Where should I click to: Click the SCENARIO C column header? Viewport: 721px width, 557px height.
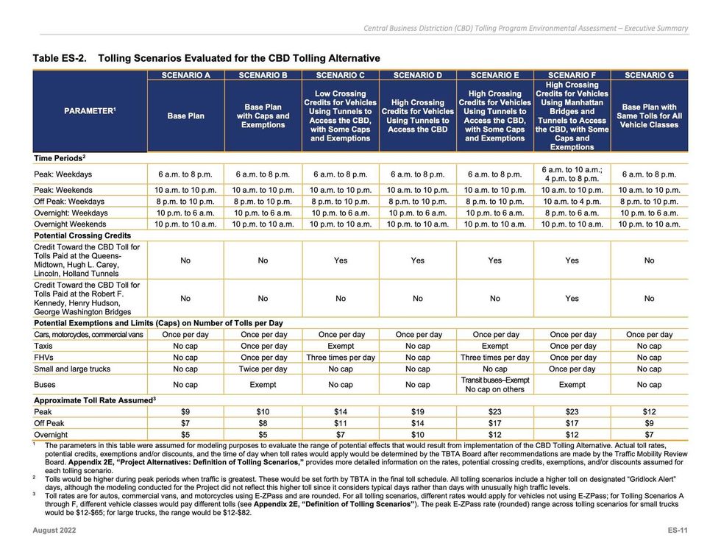[x=340, y=75]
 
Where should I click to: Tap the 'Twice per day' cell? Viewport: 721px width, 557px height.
[x=263, y=369]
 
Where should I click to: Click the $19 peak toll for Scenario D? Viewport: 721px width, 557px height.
[x=417, y=411]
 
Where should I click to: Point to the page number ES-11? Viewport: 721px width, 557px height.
[x=677, y=531]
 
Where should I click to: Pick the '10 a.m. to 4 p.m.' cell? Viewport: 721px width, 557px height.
[x=572, y=201]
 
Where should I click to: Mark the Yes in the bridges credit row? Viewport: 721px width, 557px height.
[x=572, y=299]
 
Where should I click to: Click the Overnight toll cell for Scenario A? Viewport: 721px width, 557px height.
[x=185, y=434]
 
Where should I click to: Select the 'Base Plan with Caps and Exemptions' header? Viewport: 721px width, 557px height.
[x=263, y=116]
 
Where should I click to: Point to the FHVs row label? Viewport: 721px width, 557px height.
[x=45, y=357]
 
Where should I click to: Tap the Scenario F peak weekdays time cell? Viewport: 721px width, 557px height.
[x=572, y=174]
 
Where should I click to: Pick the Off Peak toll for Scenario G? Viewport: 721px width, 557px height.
[x=649, y=423]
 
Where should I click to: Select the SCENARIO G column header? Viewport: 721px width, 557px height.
[x=649, y=75]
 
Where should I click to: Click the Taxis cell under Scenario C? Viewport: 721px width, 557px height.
[x=340, y=346]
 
